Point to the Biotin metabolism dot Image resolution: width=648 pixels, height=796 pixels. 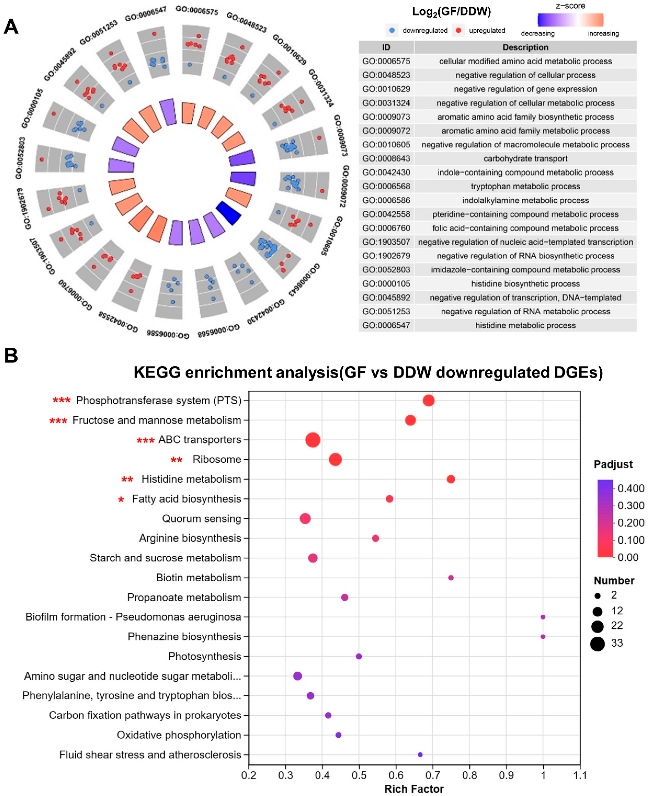pyautogui.click(x=451, y=577)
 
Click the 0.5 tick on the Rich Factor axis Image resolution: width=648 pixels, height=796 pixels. pyautogui.click(x=359, y=775)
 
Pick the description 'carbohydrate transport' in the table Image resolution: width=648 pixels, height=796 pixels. pyautogui.click(x=525, y=158)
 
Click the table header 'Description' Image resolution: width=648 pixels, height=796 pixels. pyautogui.click(x=525, y=47)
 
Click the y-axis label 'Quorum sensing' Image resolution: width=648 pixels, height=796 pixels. pyautogui.click(x=202, y=519)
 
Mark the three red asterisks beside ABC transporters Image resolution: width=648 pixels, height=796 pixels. pyautogui.click(x=145, y=441)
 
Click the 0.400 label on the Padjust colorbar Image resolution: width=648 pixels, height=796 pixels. pyautogui.click(x=631, y=488)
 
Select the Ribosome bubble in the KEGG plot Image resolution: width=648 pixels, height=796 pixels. pyautogui.click(x=335, y=459)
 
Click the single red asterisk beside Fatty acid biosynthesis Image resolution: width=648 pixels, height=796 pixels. pyautogui.click(x=121, y=500)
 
